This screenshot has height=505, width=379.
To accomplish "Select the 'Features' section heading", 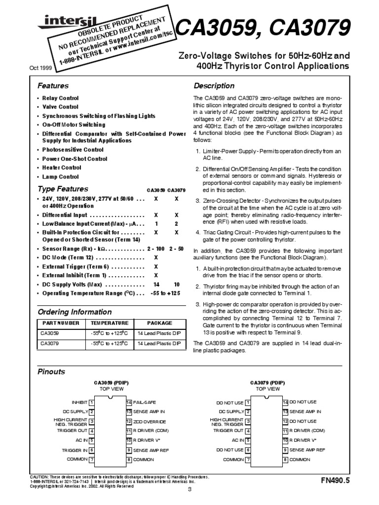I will [x=53, y=86].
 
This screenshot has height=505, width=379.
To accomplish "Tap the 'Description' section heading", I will [x=214, y=86].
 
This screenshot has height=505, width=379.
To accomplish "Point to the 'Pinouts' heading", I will [x=51, y=371].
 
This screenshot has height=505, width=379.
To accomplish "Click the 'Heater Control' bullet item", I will [x=62, y=167].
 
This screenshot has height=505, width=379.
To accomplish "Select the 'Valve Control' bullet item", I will [x=60, y=107].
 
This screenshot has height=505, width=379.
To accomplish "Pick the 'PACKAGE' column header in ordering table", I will [x=160, y=324].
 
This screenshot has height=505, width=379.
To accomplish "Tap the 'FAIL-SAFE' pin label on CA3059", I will [x=144, y=403].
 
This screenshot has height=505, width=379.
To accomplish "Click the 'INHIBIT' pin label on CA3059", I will [x=79, y=403].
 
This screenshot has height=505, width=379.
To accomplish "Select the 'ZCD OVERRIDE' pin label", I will [x=150, y=422].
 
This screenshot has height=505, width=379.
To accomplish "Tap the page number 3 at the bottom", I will [x=189, y=489].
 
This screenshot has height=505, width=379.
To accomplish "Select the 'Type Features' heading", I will [x=63, y=189].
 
